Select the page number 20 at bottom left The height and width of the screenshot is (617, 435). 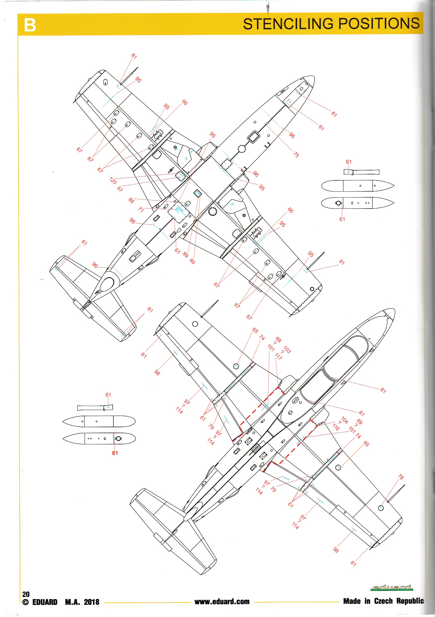[26, 594]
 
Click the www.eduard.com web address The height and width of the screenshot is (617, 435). [222, 601]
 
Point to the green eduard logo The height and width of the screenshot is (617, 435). [392, 588]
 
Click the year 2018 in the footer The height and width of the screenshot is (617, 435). [91, 602]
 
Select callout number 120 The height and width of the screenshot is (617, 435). [113, 181]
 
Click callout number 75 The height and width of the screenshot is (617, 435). [296, 154]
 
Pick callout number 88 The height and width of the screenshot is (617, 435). [131, 200]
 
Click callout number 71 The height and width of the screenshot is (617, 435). [141, 210]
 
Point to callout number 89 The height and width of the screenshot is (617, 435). [185, 255]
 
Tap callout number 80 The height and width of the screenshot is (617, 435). [192, 261]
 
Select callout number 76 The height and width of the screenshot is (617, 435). [401, 477]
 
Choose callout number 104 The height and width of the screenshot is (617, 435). [345, 420]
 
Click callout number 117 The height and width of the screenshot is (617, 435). [278, 357]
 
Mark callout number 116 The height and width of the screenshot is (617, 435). [336, 427]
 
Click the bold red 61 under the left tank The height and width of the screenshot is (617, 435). [115, 453]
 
